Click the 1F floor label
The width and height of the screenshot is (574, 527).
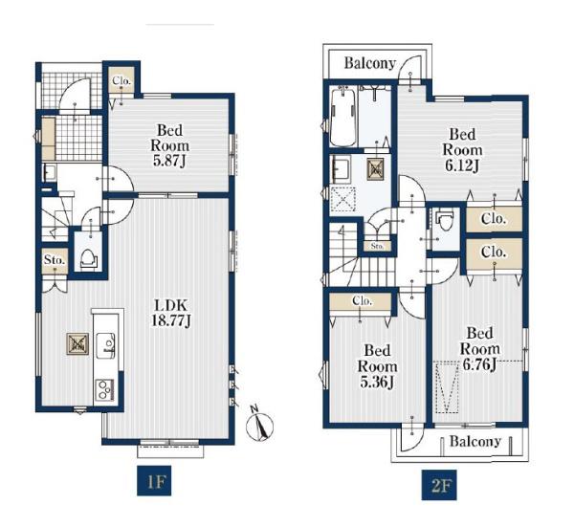154,481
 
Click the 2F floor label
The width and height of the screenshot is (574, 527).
439,485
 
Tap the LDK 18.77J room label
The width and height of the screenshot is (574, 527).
171,313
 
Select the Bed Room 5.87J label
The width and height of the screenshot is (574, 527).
170,145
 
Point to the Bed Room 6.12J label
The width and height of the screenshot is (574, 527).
462,149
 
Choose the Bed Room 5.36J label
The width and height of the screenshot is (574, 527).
378,366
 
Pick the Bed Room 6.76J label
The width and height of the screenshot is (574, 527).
479,349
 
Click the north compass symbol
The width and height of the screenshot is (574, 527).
259,426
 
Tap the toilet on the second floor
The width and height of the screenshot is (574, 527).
445,220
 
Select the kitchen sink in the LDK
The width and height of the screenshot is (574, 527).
106,344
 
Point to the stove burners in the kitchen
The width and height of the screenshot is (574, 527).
105,390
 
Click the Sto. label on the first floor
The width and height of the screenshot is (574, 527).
55,260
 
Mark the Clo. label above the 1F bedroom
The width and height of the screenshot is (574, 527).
121,80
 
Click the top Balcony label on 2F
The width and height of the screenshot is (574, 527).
370,63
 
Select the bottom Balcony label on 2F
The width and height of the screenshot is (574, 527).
475,441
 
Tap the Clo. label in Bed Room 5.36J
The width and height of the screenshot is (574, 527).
362,301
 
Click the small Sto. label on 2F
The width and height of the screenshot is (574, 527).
377,247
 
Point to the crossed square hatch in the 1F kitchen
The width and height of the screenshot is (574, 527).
77,343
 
